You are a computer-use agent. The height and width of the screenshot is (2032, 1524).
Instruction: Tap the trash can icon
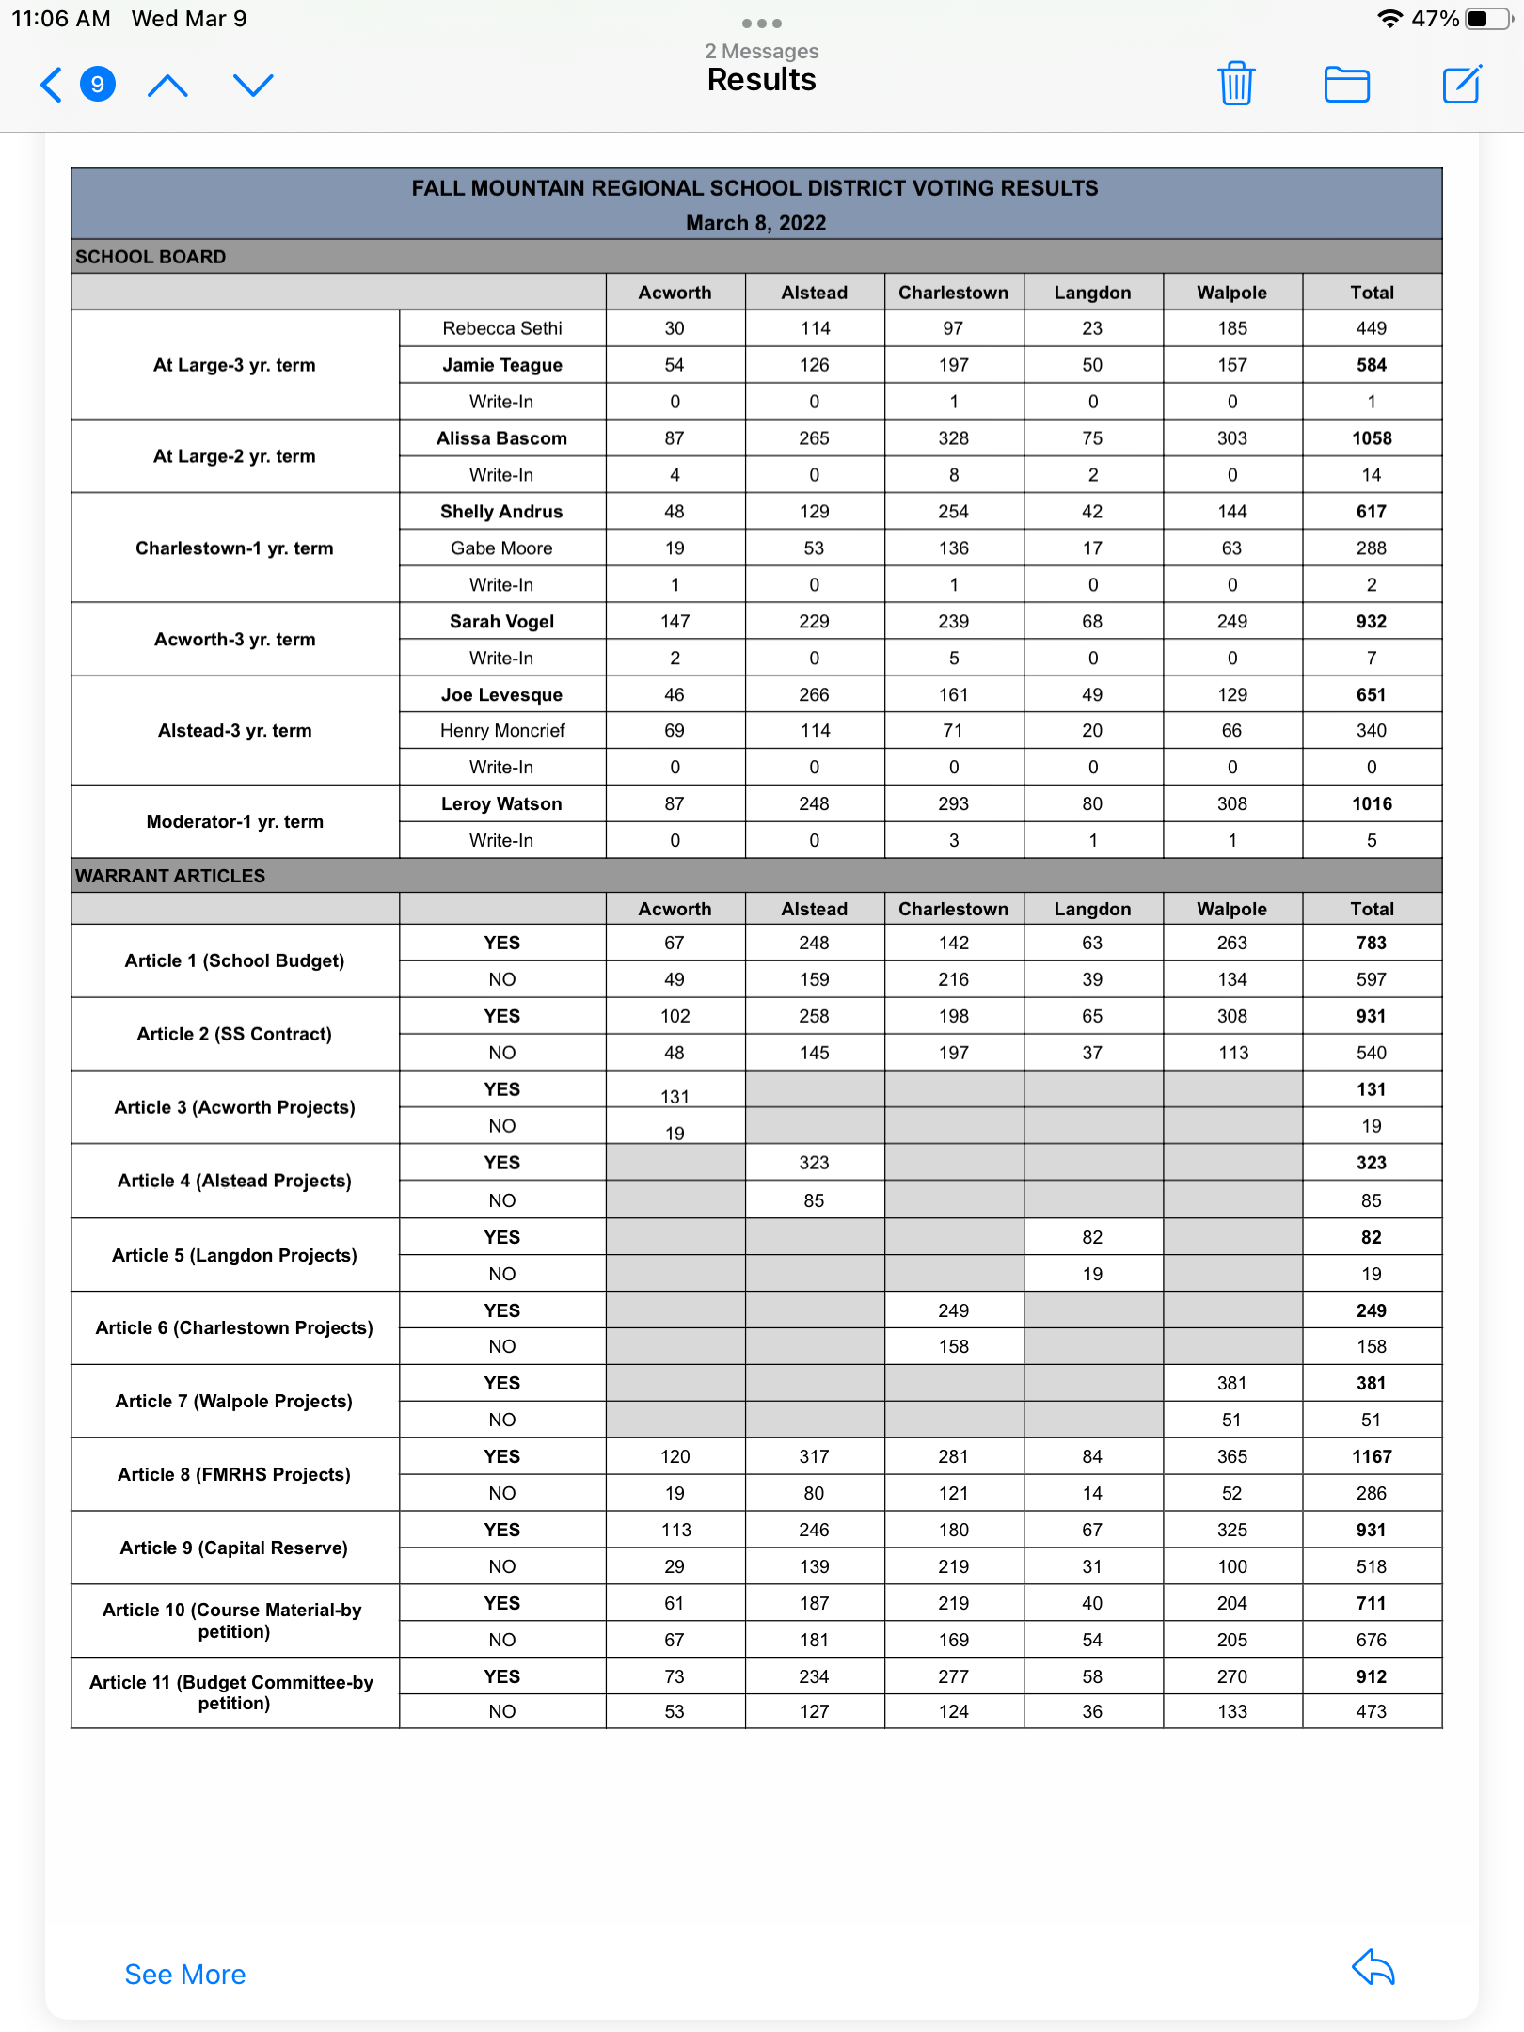click(x=1236, y=84)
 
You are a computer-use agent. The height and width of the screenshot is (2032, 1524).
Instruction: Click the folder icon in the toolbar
click(x=1346, y=84)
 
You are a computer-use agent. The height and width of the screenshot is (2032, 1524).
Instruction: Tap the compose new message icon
click(x=1462, y=84)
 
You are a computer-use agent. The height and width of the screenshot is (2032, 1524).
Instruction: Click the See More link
click(x=185, y=1974)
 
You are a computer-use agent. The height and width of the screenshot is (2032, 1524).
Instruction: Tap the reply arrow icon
click(x=1373, y=1967)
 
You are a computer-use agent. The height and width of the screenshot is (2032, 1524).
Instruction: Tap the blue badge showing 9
click(x=98, y=84)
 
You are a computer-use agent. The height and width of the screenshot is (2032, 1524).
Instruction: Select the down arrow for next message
click(x=253, y=85)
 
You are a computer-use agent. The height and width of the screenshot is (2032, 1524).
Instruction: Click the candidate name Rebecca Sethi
click(x=502, y=328)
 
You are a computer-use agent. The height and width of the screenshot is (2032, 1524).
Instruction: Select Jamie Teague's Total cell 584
click(x=1372, y=365)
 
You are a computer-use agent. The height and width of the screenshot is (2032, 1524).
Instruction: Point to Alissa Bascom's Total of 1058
click(x=1372, y=438)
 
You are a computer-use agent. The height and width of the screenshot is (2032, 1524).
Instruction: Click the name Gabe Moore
click(x=501, y=548)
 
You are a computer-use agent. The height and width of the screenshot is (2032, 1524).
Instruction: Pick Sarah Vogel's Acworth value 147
click(x=675, y=622)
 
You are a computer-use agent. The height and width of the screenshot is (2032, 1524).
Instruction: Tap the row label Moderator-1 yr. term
click(x=235, y=821)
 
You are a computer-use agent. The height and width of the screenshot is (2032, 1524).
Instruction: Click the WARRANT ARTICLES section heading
click(x=170, y=876)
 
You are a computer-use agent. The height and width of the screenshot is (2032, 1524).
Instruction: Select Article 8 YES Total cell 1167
click(x=1372, y=1456)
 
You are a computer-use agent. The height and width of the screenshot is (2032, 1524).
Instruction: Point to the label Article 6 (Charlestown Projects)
click(x=234, y=1327)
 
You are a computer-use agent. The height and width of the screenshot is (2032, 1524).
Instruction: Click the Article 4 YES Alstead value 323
click(x=814, y=1163)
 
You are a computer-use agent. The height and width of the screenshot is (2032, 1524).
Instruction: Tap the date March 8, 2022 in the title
click(x=755, y=223)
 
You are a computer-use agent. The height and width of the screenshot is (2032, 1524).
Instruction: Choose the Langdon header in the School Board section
click(x=1092, y=293)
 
